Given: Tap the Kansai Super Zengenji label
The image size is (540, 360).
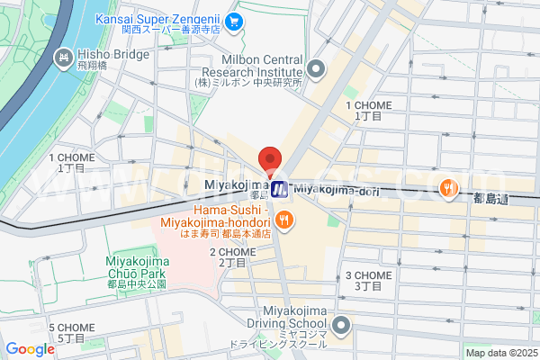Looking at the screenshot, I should (x=158, y=20).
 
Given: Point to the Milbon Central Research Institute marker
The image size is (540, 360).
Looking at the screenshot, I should (x=315, y=67).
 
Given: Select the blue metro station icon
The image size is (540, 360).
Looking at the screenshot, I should (x=280, y=188).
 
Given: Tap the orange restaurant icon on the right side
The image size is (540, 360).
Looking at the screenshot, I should (x=447, y=187).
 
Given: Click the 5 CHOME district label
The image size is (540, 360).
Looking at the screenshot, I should (x=66, y=332).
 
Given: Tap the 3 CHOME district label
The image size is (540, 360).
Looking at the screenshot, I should (x=364, y=280).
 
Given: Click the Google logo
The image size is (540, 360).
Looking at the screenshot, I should (x=30, y=348).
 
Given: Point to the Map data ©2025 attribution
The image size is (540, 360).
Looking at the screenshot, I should (x=499, y=353).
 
